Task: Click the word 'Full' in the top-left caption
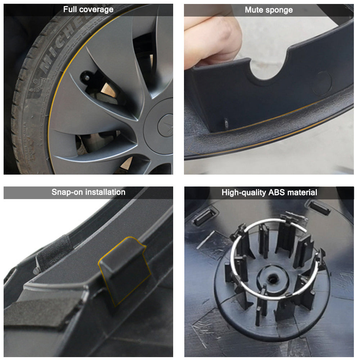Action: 70,9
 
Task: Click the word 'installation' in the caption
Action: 104,192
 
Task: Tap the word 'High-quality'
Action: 244,193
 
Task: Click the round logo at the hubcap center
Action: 166,126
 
